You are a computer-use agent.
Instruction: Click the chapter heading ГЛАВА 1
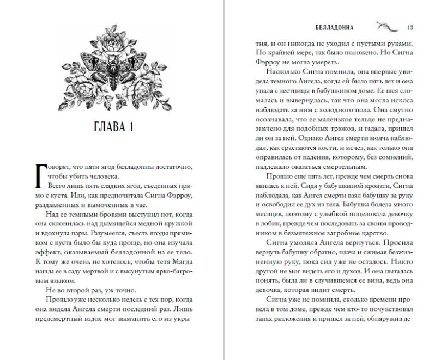click(113, 128)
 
